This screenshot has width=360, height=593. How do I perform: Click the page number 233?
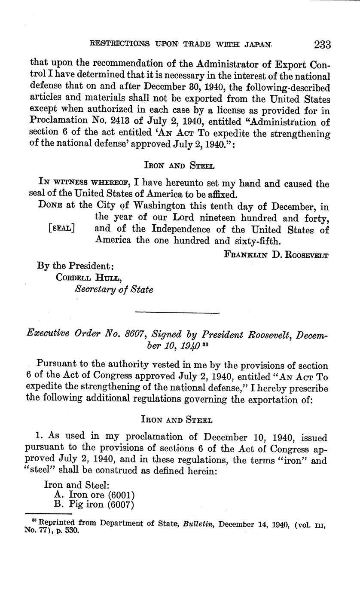[322, 45]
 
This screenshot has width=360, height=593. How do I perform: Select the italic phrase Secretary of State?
[114, 289]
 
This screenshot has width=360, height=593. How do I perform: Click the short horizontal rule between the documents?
[177, 312]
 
